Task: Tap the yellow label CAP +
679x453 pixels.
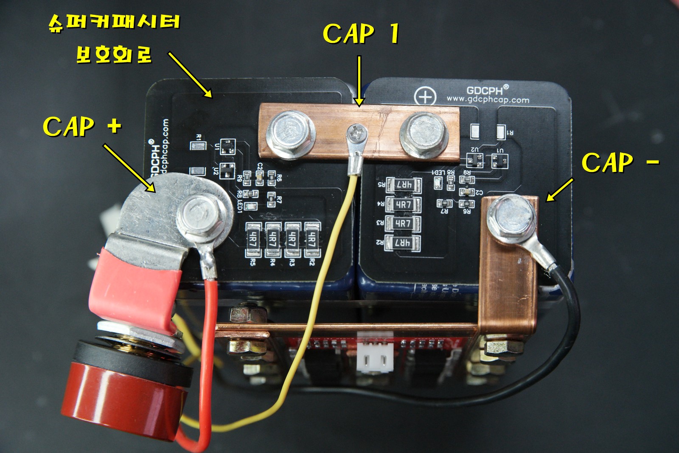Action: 82,127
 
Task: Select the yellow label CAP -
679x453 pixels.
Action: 620,162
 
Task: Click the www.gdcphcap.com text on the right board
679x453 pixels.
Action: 488,100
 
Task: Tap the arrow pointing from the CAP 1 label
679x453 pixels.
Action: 359,81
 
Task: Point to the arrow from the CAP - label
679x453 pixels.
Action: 559,189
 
